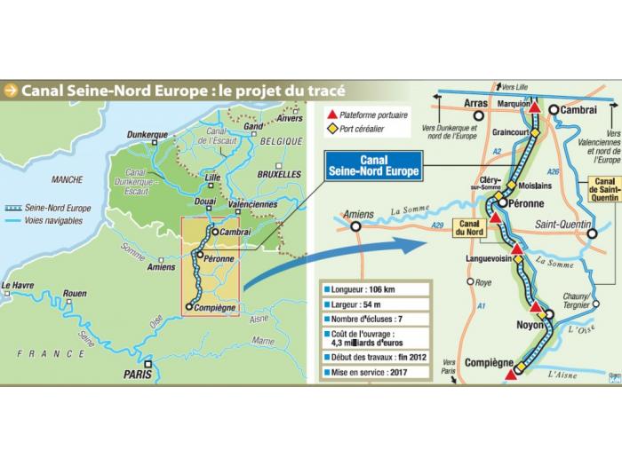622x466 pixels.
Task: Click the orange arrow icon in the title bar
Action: pyautogui.click(x=11, y=90)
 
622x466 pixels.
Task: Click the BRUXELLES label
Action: pyautogui.click(x=279, y=174)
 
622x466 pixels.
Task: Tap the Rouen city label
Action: pyautogui.click(x=75, y=294)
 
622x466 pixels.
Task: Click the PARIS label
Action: pyautogui.click(x=138, y=375)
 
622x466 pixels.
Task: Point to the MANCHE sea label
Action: pyautogui.click(x=67, y=178)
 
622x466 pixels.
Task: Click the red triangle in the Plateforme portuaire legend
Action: pyautogui.click(x=332, y=115)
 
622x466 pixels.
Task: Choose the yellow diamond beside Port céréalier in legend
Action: pyautogui.click(x=332, y=130)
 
